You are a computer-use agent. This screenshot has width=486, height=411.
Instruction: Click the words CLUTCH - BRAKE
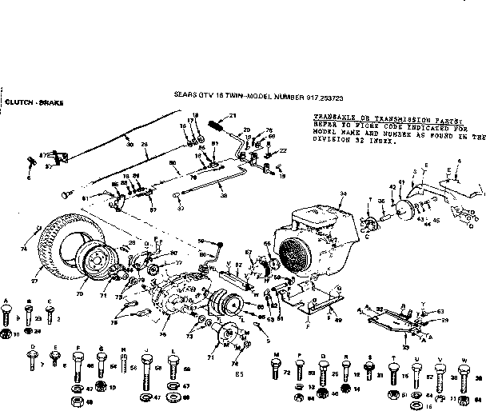33,102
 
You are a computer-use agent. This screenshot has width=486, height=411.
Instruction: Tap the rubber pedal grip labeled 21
216,125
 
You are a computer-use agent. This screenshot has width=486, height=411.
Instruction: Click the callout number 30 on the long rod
129,144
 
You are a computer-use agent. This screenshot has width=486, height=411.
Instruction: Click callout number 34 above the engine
344,194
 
